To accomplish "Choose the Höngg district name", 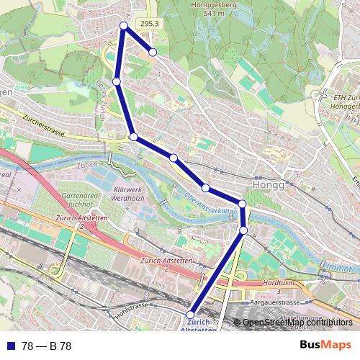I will [270, 184].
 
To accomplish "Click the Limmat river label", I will [338, 267].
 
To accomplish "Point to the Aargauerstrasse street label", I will [279, 303].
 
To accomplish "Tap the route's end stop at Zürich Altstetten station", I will [191, 315].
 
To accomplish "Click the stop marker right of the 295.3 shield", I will [153, 52].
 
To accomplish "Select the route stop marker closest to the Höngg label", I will [243, 204].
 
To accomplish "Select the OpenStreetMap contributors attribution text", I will [297, 323].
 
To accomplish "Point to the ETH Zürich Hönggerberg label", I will [346, 100].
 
